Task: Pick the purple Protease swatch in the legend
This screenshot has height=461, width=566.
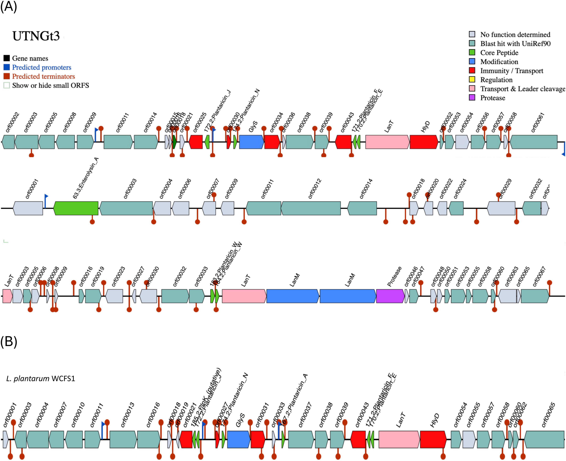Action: click(x=472, y=98)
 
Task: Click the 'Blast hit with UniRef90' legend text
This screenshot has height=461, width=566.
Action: click(x=515, y=44)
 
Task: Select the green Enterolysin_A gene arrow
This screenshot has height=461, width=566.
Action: click(x=76, y=208)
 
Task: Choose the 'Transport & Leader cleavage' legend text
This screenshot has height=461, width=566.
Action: click(x=522, y=89)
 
